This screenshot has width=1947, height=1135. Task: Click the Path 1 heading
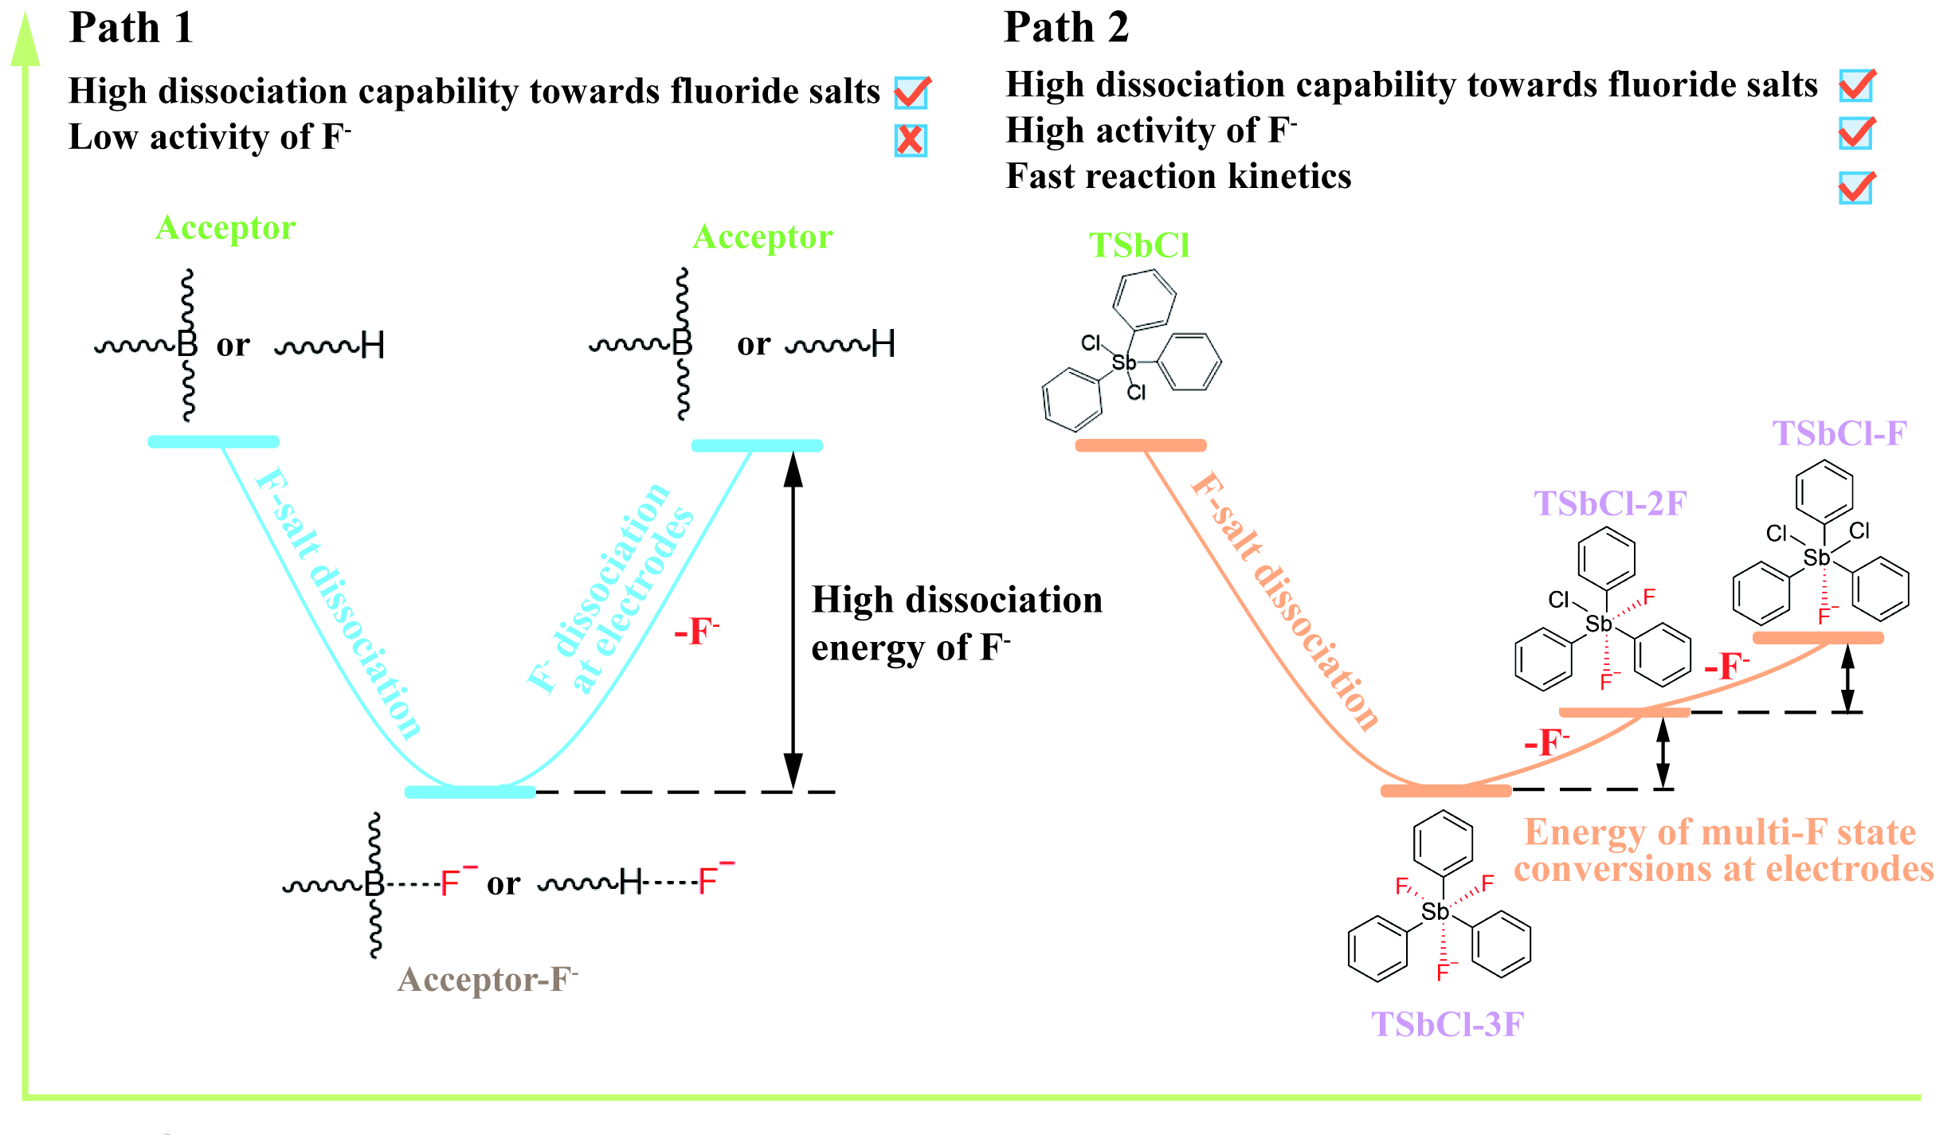point(131,28)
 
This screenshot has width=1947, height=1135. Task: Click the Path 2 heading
point(1066,28)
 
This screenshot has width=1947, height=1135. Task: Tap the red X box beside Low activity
point(911,140)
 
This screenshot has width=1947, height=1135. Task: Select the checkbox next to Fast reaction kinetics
point(1856,188)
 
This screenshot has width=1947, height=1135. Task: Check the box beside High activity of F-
point(1856,133)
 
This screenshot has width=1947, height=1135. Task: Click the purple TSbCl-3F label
point(1447,1024)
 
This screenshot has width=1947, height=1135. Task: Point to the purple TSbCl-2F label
point(1610,503)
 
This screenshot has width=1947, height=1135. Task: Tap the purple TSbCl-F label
point(1839,434)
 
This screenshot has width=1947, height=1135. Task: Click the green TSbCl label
point(1139,245)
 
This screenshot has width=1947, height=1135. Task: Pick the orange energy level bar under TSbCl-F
point(1818,638)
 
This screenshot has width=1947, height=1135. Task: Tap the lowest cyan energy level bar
point(470,792)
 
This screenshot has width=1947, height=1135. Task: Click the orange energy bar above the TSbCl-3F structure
point(1445,791)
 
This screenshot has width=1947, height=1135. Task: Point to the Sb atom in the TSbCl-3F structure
point(1435,912)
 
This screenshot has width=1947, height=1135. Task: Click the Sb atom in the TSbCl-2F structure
point(1598,624)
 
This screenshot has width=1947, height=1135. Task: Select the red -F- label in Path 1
point(696,632)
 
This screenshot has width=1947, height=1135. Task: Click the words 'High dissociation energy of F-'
point(956,624)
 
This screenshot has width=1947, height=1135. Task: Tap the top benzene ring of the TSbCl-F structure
point(1824,491)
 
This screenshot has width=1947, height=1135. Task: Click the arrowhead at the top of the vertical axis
point(25,40)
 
